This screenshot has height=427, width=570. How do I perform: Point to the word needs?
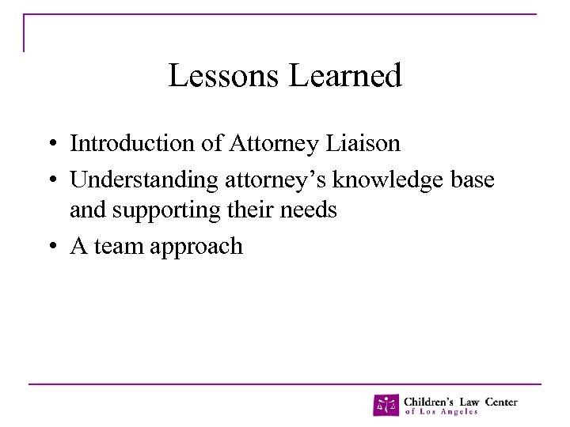coord(311,210)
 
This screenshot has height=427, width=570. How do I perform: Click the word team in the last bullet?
coord(118,247)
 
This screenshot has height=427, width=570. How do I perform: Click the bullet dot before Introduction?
coord(50,145)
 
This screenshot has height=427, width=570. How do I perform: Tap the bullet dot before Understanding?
coord(50,181)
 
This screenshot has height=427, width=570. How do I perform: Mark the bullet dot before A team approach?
coord(50,248)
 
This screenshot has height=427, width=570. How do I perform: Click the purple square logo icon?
coord(386,405)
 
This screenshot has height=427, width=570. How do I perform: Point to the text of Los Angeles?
coord(441,412)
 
